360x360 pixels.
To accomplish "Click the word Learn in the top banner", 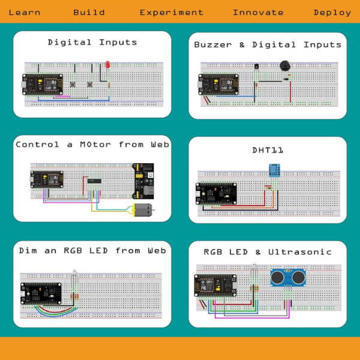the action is point(25,13).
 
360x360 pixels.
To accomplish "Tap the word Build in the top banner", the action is point(89,13).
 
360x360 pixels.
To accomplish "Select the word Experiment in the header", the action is point(172,13).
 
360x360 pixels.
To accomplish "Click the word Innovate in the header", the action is point(258,13).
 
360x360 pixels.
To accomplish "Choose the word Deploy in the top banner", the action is point(332,13).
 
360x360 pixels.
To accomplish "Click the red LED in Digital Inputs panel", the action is point(107,65).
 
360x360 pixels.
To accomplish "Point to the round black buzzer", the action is point(285,66).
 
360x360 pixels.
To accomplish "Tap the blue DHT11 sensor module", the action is point(274,170).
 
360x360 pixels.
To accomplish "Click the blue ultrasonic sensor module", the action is point(288,278).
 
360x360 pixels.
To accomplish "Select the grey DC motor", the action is point(143,210).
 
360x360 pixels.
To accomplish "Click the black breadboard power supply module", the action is point(143,181).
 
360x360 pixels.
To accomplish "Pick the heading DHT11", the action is point(268,151).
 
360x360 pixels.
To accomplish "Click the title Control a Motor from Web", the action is point(92,145).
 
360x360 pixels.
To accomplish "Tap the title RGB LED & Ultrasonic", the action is point(268,252).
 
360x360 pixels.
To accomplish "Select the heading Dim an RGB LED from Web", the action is point(92,250).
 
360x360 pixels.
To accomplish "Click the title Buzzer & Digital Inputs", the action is point(268,44).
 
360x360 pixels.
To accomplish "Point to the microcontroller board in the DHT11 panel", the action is point(216,194).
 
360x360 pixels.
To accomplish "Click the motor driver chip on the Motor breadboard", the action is point(94,181).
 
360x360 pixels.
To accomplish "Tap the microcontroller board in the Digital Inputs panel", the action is point(43,85).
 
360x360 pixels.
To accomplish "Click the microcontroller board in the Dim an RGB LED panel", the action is point(41,293).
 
